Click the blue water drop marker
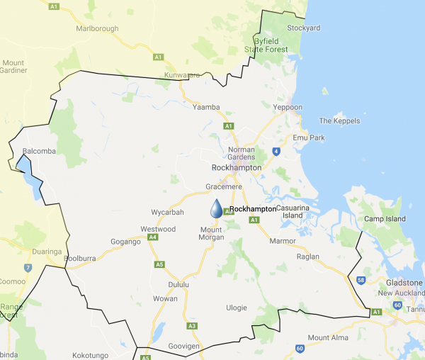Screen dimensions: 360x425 point(216,208)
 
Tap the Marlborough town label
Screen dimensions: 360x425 point(98,29)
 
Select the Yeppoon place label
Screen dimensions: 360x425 point(288,107)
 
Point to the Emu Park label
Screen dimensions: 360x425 point(307,137)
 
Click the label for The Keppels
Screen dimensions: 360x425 point(339,120)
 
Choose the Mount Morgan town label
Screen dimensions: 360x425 point(211,234)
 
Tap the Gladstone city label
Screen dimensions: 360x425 point(404,282)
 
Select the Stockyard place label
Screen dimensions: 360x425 point(304,28)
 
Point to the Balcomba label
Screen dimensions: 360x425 point(34,151)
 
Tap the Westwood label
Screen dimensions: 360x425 point(157,229)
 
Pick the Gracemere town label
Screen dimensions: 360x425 point(224,186)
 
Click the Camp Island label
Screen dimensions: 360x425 point(385,219)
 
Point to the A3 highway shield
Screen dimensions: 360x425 point(192,325)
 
